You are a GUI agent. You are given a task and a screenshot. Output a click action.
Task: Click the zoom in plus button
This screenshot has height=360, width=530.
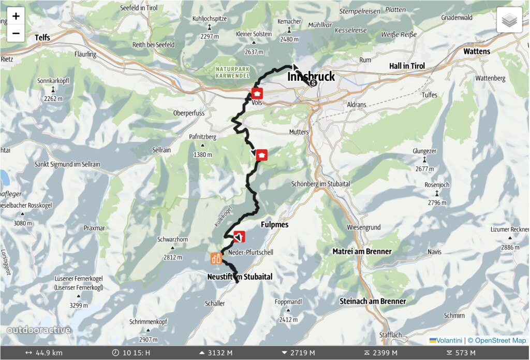click(x=16, y=16)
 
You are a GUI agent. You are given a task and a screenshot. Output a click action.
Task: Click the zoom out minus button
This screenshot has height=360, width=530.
click(x=16, y=34)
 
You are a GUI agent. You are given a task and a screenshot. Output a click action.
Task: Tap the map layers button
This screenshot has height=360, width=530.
click(x=509, y=20)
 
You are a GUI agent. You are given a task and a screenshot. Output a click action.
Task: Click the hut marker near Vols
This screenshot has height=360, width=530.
click(x=257, y=93)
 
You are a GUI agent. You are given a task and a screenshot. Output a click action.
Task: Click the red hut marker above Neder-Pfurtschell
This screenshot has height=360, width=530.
click(x=239, y=237)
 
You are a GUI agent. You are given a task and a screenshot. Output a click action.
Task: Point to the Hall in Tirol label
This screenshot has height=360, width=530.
click(x=407, y=66)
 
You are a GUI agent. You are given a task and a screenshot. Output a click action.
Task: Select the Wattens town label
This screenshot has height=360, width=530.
click(x=476, y=52)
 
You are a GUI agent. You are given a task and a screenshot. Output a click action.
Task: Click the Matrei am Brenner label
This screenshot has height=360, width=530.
click(x=362, y=251)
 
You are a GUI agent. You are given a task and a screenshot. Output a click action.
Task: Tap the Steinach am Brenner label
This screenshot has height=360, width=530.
click(x=372, y=301)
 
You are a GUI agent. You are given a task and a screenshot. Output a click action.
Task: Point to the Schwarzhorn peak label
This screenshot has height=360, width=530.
click(x=172, y=240)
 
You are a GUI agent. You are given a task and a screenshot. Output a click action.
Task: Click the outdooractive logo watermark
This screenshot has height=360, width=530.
click(x=39, y=330)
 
